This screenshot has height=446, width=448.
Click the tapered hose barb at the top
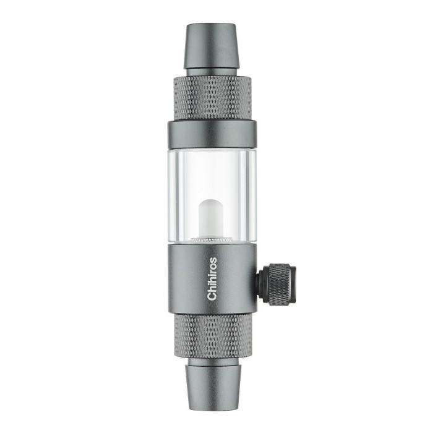212,46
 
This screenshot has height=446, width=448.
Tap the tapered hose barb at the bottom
213,388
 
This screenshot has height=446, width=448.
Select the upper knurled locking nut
213,98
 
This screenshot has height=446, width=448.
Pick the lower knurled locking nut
213,336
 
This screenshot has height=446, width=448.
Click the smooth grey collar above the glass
212,134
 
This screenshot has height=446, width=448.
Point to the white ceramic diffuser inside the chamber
210,218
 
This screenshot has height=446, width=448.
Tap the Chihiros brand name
212,279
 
